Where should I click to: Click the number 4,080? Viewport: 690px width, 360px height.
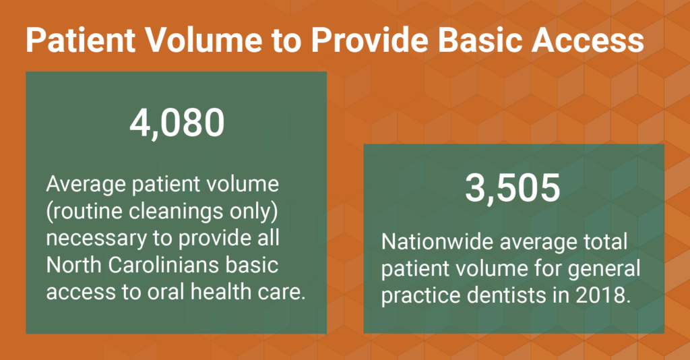pyautogui.click(x=176, y=123)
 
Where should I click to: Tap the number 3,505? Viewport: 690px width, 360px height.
pyautogui.click(x=513, y=189)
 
